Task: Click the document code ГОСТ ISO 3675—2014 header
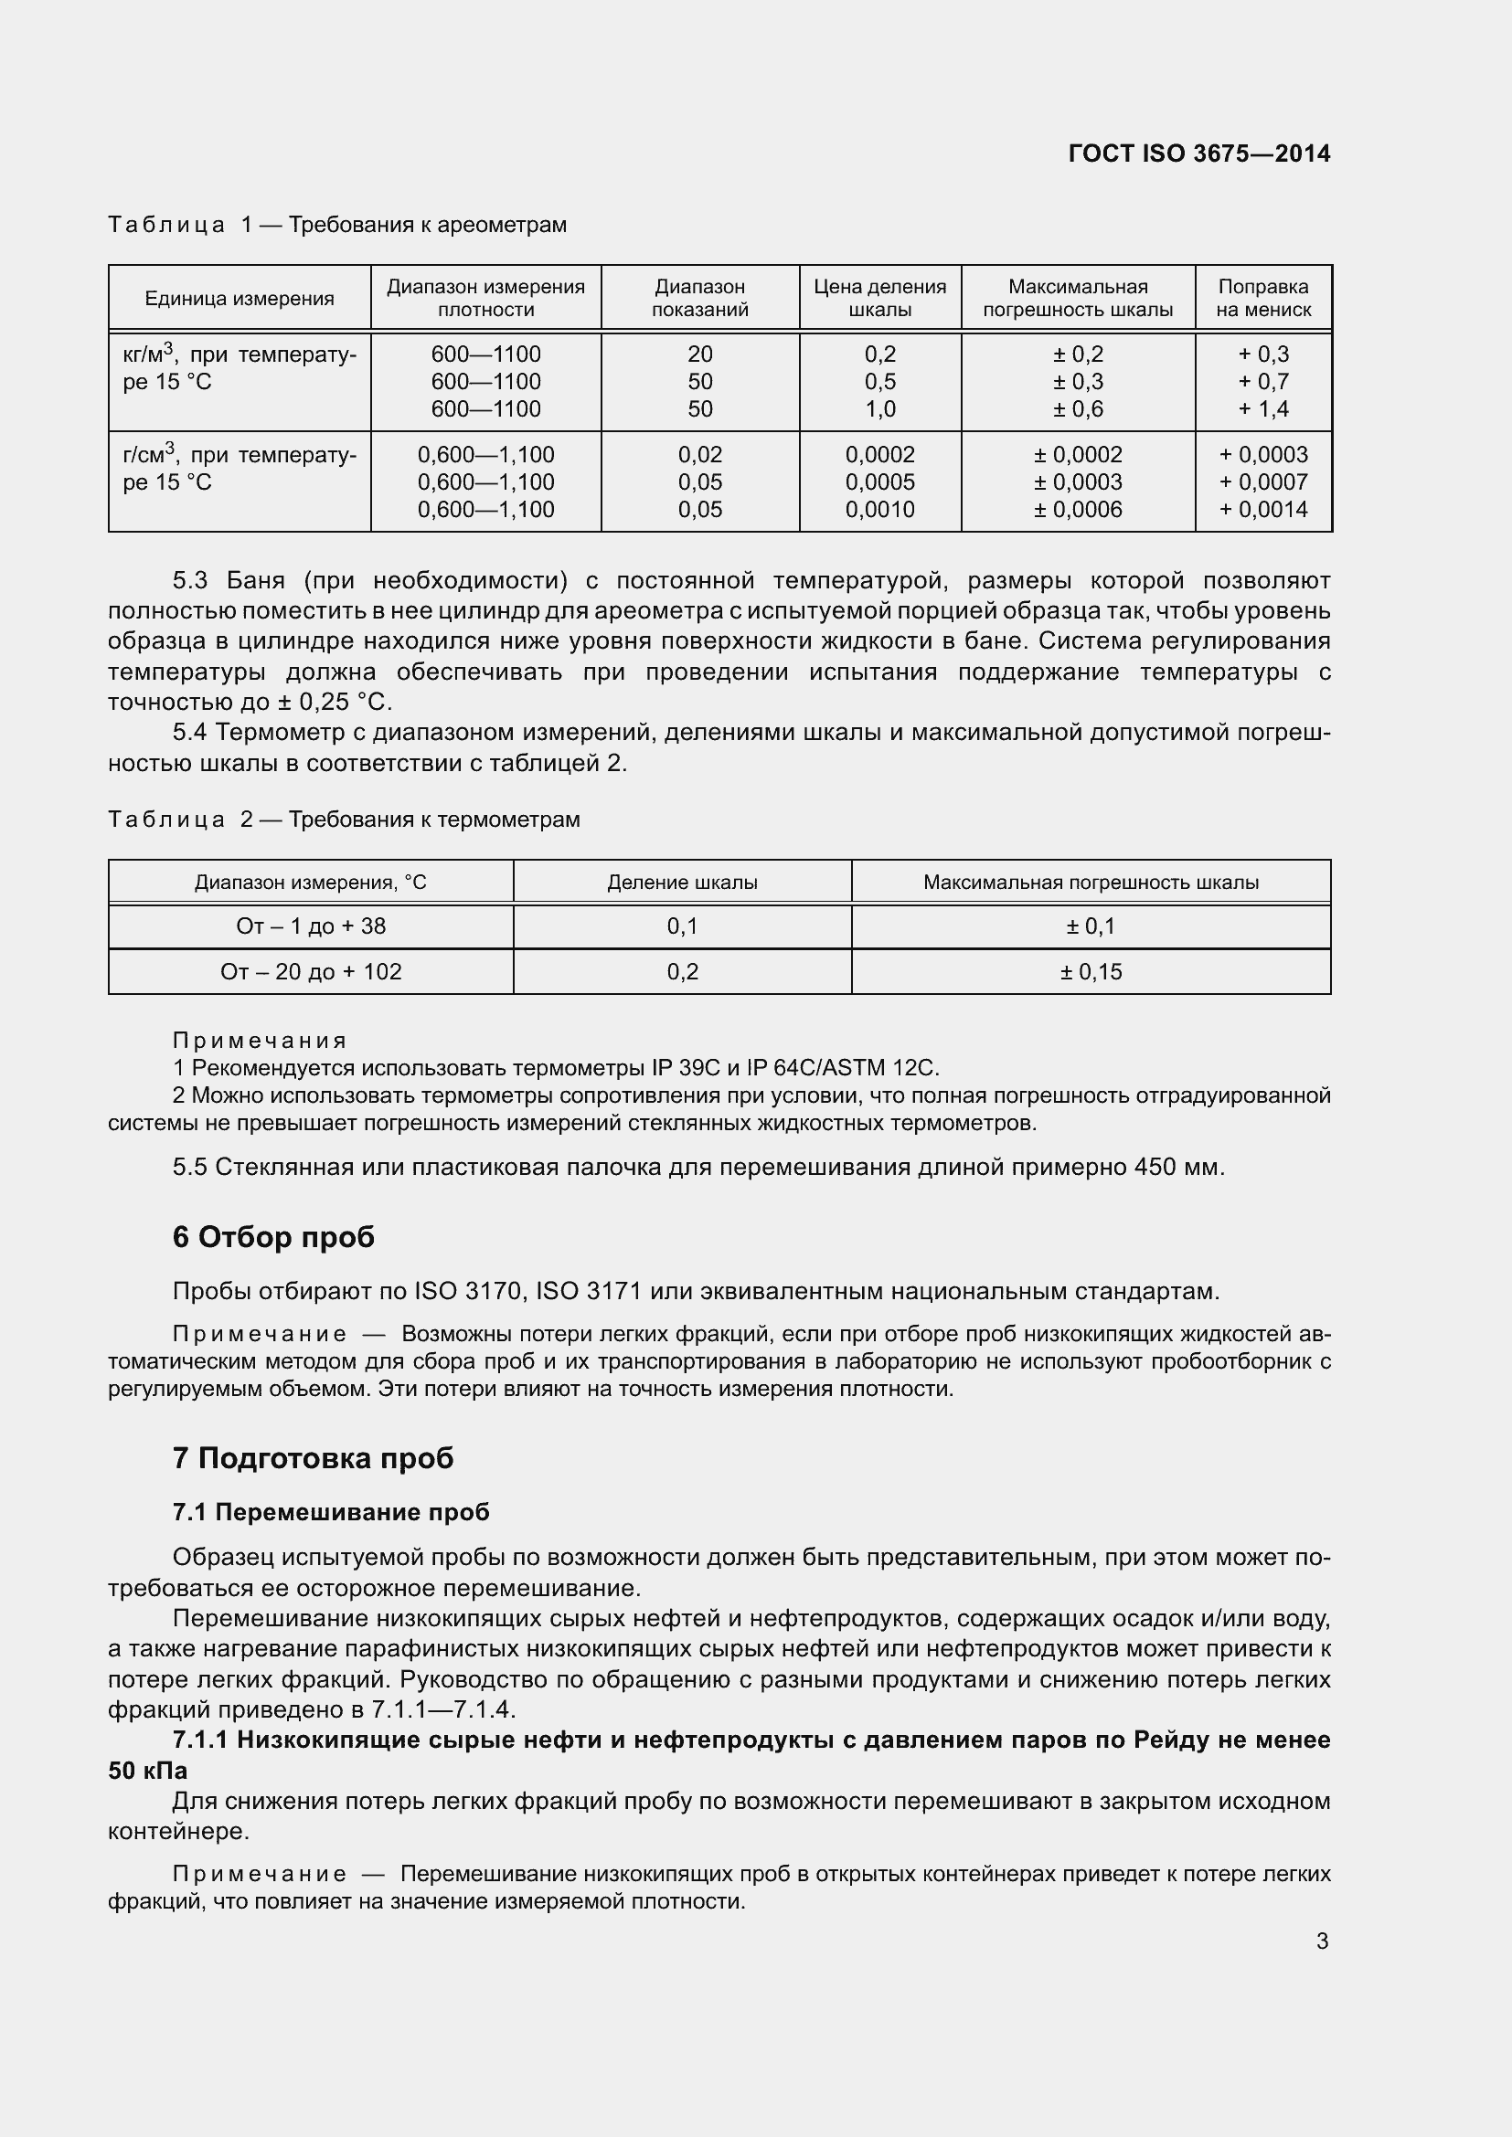(x=1199, y=153)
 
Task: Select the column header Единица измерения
(x=240, y=299)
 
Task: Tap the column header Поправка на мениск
(x=1262, y=298)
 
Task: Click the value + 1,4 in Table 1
(x=1262, y=408)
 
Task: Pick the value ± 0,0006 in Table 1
(x=1077, y=509)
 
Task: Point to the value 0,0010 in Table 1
(x=879, y=509)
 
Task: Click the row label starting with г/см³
(x=239, y=468)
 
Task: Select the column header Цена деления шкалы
(x=879, y=298)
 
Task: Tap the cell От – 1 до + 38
(x=311, y=926)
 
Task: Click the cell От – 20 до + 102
(x=311, y=972)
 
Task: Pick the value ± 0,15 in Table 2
(x=1091, y=972)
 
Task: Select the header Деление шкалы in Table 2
(x=682, y=883)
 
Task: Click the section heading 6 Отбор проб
(x=273, y=1237)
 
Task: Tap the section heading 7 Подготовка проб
(x=313, y=1457)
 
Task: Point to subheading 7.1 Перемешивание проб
(x=331, y=1512)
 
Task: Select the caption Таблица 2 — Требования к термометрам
(x=344, y=819)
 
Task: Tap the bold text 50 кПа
(x=148, y=1771)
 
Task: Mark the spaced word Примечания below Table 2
(x=260, y=1040)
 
